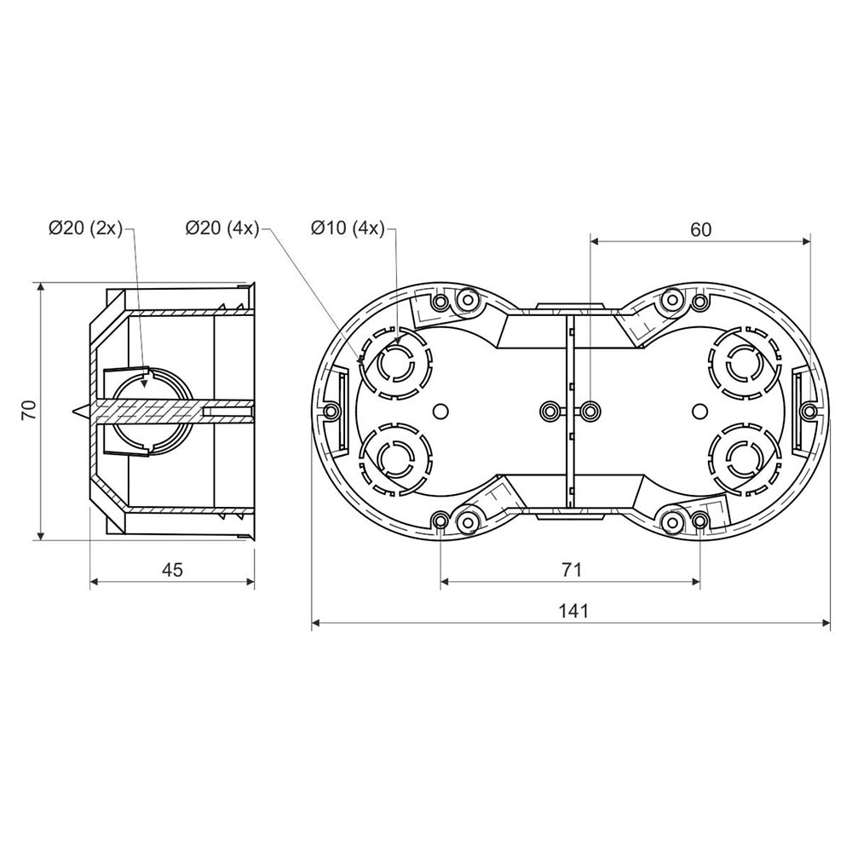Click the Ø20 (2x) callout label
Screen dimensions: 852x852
[86, 228]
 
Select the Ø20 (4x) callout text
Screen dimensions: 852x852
[222, 228]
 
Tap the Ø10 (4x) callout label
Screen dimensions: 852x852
[348, 228]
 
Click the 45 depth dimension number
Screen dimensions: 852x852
[173, 570]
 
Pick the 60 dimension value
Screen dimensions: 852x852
[701, 230]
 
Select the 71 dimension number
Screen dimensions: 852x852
[572, 569]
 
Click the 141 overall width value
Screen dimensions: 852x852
[573, 611]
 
